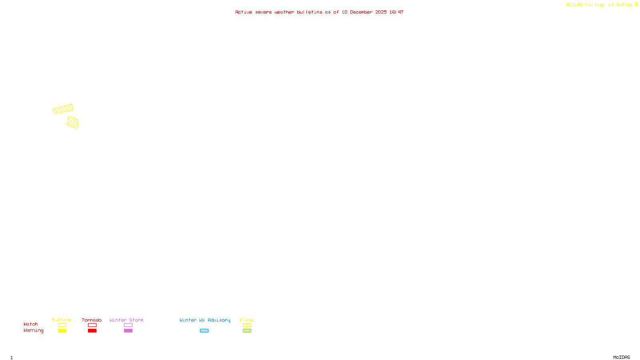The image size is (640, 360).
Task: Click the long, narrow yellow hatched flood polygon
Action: (63, 109)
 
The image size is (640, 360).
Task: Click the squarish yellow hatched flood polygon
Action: (72, 122)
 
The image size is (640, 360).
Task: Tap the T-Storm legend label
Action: (62, 320)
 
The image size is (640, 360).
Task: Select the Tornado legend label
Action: (92, 320)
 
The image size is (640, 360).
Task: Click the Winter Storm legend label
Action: (126, 320)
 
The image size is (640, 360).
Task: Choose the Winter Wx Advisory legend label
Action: (205, 320)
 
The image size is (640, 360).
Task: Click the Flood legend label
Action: (247, 320)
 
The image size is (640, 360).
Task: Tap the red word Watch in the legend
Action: (31, 324)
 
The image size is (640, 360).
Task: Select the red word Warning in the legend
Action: (33, 330)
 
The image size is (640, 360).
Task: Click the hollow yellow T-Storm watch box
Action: (62, 325)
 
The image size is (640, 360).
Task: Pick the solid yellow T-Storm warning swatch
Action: (62, 331)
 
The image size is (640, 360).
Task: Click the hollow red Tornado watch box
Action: (92, 325)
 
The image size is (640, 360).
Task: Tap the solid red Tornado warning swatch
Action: (92, 331)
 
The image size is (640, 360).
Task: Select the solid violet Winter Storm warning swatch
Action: (128, 331)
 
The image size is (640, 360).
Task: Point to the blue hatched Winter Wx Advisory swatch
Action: (204, 331)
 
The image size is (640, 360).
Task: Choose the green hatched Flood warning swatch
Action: (247, 331)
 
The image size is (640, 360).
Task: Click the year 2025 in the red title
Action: (381, 12)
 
